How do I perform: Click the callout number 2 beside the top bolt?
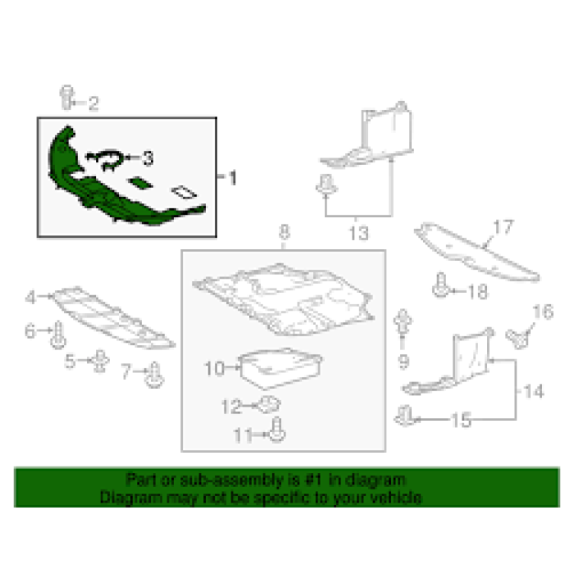[x=93, y=103]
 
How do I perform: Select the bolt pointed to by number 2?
[x=67, y=97]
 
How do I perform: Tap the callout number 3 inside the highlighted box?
[x=148, y=158]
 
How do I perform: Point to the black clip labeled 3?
[x=106, y=160]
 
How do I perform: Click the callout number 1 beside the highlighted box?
[x=233, y=178]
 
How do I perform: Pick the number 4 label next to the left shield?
[x=30, y=297]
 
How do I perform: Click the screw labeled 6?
[x=58, y=335]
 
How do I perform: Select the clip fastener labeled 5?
[x=99, y=361]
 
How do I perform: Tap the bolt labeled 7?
[x=154, y=375]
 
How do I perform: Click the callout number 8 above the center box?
[x=285, y=232]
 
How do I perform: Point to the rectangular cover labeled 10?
[x=280, y=368]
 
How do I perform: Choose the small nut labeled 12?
[x=270, y=404]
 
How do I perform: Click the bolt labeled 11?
[x=277, y=430]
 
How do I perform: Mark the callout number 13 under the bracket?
[x=358, y=234]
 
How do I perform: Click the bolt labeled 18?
[x=441, y=285]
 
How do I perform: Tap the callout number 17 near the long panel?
[x=503, y=227]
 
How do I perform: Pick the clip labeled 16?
[x=517, y=339]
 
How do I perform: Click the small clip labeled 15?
[x=404, y=417]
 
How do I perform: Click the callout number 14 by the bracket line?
[x=534, y=391]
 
